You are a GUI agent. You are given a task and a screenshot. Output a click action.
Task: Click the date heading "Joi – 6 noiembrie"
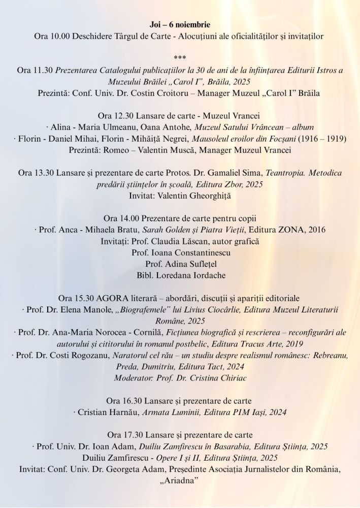click(x=180, y=25)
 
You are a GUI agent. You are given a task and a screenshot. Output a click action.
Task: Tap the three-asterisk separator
click(x=180, y=57)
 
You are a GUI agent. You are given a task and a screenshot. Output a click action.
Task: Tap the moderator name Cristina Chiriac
click(x=214, y=378)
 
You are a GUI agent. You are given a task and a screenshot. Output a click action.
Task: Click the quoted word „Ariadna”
click(x=180, y=481)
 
